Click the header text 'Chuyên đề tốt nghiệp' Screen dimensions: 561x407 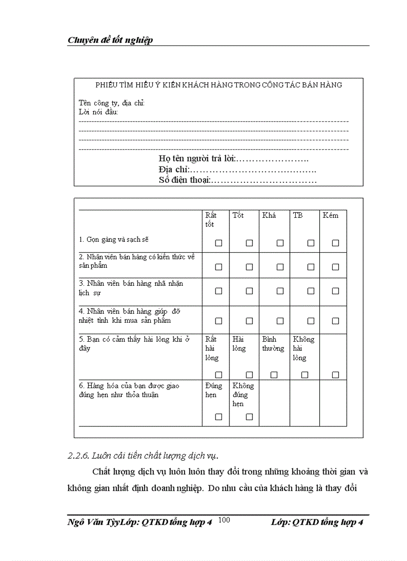coord(110,40)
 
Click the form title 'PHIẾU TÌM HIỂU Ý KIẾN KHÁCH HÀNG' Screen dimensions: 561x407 coord(218,85)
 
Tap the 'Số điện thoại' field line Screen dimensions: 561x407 coord(263,180)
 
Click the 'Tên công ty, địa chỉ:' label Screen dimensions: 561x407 coord(112,103)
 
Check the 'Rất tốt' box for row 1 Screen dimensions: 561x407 coord(218,243)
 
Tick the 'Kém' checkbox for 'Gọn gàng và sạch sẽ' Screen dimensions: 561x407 coord(335,243)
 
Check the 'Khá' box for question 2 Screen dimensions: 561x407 coord(280,267)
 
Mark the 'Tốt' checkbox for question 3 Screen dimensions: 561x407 coord(249,291)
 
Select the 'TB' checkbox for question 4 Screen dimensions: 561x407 coord(311,321)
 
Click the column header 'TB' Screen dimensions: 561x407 coord(298,215)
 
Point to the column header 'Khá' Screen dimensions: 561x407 coord(269,215)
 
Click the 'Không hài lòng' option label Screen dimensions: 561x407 coord(304,348)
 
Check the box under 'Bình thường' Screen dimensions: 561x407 coord(274,375)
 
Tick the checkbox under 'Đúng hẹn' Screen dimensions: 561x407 coord(218,417)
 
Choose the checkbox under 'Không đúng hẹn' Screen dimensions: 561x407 coord(249,417)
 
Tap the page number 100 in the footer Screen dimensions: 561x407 coord(224,521)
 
